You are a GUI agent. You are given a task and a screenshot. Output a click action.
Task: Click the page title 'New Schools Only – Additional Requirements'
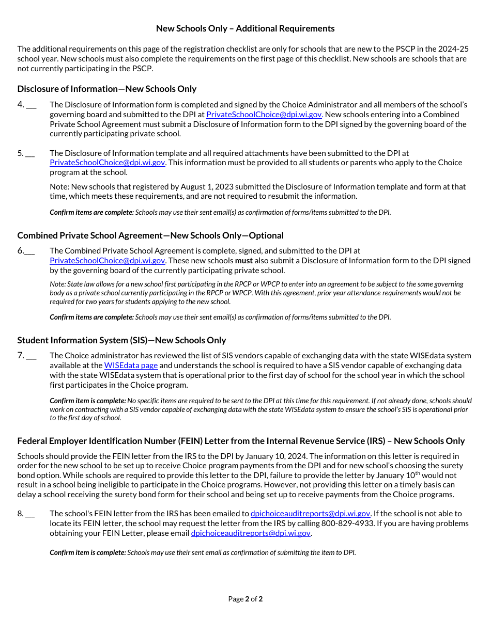click(x=245, y=28)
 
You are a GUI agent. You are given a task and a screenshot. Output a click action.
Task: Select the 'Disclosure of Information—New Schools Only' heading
click(x=106, y=89)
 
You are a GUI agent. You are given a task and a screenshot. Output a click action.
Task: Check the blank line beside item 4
click(x=31, y=105)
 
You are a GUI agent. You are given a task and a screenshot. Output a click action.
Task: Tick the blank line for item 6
click(x=29, y=252)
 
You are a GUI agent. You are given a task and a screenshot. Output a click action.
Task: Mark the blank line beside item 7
click(x=31, y=356)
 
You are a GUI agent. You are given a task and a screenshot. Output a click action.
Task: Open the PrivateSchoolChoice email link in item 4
click(x=264, y=115)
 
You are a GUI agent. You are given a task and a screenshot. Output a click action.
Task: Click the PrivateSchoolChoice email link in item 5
click(x=108, y=163)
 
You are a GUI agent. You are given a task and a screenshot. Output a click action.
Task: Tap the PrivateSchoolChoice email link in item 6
click(x=108, y=261)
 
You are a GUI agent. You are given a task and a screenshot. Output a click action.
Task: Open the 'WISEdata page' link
click(x=131, y=366)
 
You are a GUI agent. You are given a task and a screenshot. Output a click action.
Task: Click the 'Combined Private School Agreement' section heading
click(x=150, y=235)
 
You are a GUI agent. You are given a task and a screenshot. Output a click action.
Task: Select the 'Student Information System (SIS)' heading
click(x=121, y=340)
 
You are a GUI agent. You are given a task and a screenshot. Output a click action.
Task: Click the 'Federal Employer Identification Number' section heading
click(x=241, y=441)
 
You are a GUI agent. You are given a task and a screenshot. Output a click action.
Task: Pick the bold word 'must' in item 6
click(x=244, y=261)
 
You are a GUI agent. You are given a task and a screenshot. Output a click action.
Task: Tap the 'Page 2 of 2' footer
click(x=245, y=599)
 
